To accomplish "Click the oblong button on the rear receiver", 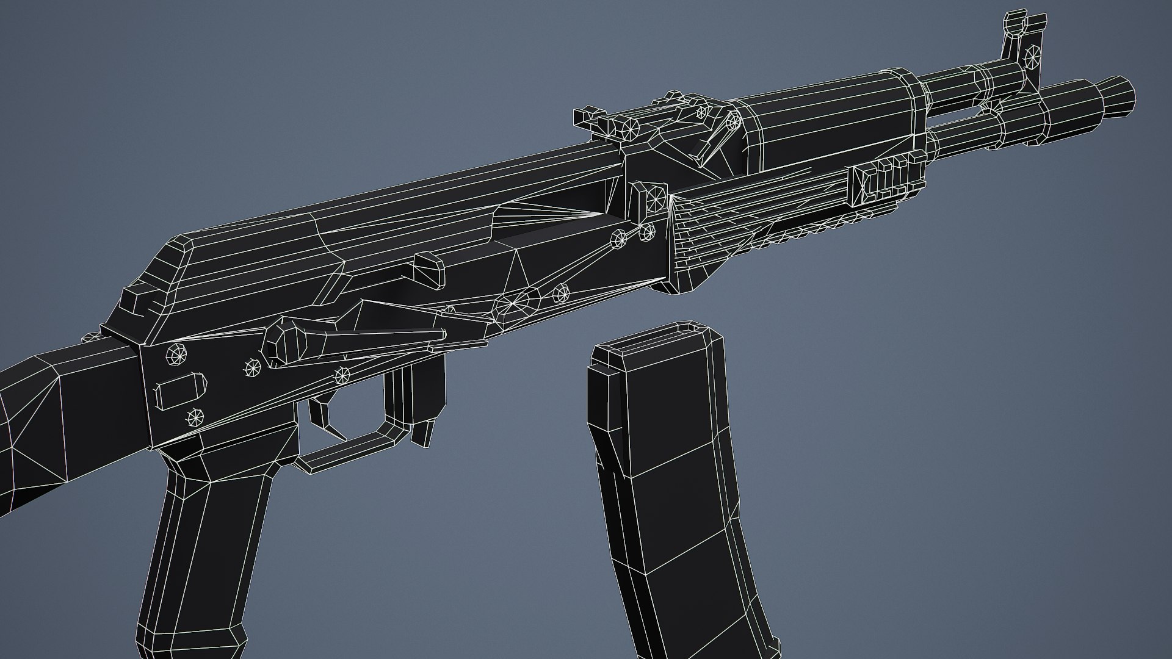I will click(182, 391).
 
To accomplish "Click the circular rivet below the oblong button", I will click(195, 417).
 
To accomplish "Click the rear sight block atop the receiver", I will click(610, 125).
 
